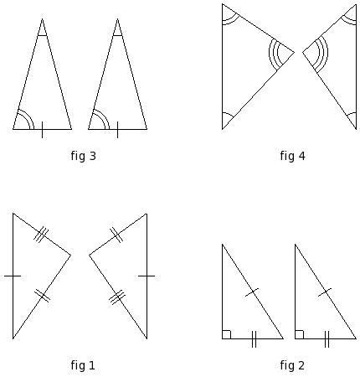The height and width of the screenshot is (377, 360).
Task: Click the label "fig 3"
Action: coord(83,156)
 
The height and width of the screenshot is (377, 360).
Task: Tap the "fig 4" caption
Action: coord(292,156)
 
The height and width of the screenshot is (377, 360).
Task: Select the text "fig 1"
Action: coord(83,365)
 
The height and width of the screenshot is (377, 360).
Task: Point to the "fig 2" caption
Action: coord(292,365)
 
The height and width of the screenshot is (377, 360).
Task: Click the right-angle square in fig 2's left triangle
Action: coord(227,334)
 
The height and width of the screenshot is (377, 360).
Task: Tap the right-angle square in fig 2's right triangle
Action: coord(299,334)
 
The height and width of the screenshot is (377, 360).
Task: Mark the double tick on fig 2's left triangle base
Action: coord(254,339)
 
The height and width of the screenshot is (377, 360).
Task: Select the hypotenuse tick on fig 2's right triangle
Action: coord(325,292)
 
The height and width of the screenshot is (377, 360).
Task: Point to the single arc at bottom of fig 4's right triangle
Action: coord(351,114)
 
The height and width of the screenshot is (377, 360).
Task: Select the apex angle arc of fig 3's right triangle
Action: coord(117,35)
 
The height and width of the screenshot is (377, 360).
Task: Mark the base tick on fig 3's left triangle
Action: coord(42,130)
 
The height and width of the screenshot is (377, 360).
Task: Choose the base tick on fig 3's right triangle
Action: coord(117,130)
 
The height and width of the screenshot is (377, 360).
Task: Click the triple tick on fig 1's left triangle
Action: coord(41,235)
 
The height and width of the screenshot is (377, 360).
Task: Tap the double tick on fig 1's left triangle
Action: coord(43,296)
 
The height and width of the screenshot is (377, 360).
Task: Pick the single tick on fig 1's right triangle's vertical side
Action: coord(147,276)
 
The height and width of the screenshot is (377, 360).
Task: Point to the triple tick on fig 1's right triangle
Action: coord(117,297)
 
